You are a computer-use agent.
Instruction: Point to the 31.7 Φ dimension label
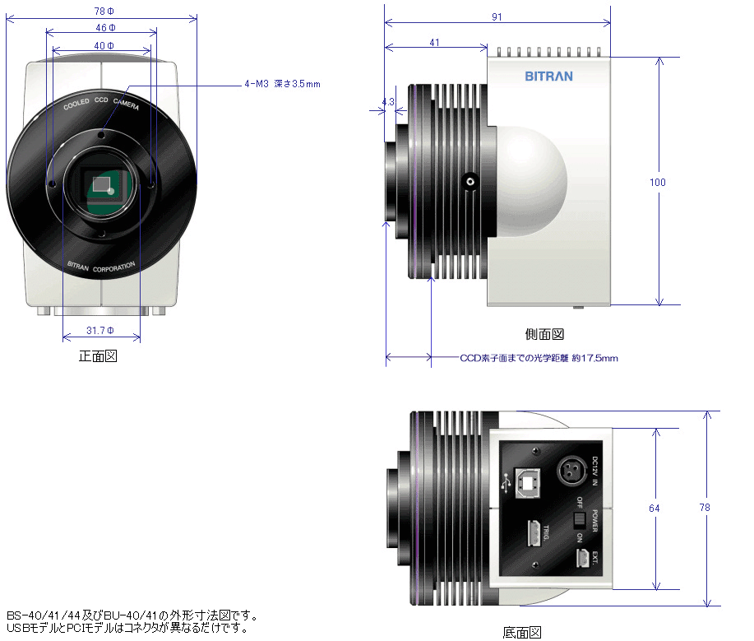[100, 331]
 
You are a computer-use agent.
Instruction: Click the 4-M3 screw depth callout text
[282, 84]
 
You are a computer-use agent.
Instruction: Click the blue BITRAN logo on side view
[548, 77]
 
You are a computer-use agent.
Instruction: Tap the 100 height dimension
[657, 183]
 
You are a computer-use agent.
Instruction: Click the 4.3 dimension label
[389, 102]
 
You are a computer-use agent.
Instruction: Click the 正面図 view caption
[99, 356]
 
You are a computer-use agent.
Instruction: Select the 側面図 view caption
[544, 334]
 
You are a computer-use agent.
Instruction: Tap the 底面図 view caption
[522, 632]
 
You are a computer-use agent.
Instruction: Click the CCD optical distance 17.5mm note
[539, 358]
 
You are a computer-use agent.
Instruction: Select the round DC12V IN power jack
[571, 473]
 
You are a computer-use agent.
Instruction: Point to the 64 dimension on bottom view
[655, 509]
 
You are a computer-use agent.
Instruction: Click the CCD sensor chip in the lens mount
[103, 185]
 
